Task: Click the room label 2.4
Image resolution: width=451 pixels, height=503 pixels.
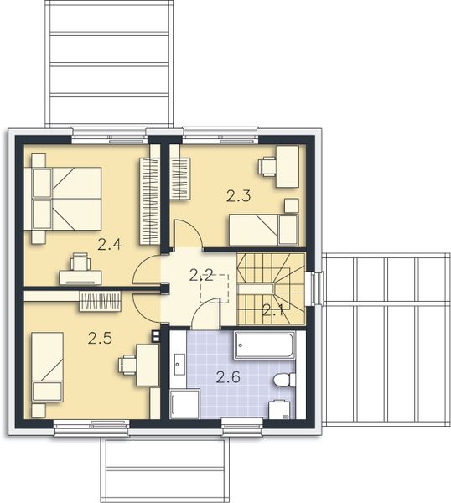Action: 110,245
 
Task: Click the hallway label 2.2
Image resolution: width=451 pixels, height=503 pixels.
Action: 200,274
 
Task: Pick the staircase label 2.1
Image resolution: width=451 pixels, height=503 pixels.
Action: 273,309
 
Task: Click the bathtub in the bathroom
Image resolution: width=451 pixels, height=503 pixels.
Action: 263,345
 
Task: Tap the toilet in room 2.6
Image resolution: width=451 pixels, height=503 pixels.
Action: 284,380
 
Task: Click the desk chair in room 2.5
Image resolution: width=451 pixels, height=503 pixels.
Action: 128,364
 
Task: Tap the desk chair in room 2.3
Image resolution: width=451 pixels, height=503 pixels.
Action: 267,164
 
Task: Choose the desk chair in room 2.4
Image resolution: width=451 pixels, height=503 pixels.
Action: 80,262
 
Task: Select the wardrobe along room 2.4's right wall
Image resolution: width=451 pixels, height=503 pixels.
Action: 149,199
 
